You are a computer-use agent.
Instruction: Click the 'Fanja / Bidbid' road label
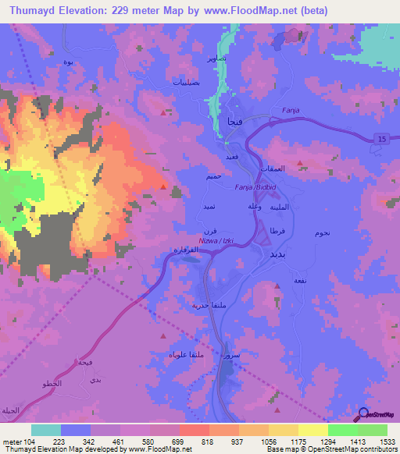click(x=256, y=188)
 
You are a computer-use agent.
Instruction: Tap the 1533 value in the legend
click(x=373, y=441)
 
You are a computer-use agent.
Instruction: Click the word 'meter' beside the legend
click(x=11, y=441)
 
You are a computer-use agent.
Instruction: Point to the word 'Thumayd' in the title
click(x=31, y=10)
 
